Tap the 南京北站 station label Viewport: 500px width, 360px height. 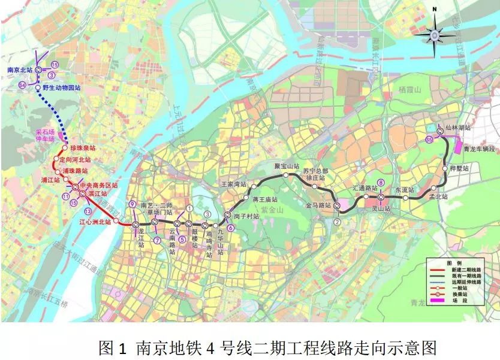click(19, 70)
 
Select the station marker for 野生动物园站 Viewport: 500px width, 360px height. click(38, 87)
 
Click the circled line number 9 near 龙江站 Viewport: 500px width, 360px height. click(131, 205)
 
